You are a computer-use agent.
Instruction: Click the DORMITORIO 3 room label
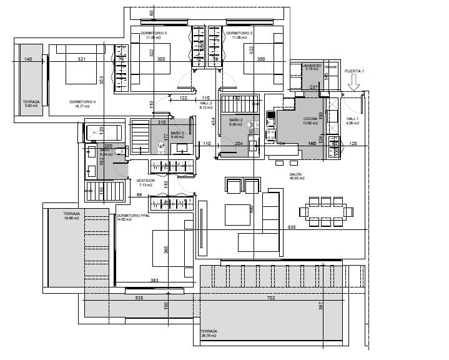point(153,32)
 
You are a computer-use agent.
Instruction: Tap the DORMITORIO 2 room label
point(239,32)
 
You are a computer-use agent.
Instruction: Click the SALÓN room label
point(296,175)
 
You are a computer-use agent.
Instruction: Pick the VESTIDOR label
point(145,181)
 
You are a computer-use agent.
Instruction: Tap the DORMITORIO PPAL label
point(132,217)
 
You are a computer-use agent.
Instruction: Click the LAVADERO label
point(311,66)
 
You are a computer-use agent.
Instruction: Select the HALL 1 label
point(352,119)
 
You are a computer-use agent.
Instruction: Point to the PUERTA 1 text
point(353,71)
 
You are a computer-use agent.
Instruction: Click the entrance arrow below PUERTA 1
point(354,84)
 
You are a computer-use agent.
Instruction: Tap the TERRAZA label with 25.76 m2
point(209,332)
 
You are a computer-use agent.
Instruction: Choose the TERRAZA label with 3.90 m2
point(31,102)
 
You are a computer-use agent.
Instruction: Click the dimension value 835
point(291,227)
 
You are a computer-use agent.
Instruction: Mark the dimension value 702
point(270,299)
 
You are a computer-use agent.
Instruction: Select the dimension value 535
point(139,299)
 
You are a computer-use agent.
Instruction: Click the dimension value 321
point(81,59)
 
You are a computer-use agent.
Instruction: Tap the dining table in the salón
point(325,211)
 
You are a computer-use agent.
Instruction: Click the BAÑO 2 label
point(235,119)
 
